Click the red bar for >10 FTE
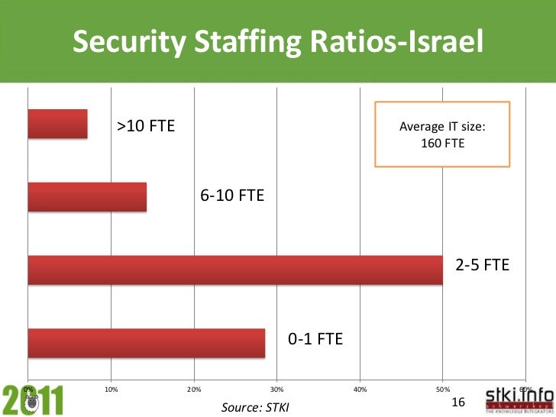(57, 124)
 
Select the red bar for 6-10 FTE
(86, 197)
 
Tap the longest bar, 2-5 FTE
(234, 270)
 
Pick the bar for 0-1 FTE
(146, 343)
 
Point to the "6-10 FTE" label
(232, 196)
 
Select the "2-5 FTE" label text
(482, 265)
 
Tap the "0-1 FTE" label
(315, 338)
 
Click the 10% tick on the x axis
(111, 390)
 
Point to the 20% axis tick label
(194, 390)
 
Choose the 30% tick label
(277, 390)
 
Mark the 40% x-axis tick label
(360, 390)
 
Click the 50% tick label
(443, 390)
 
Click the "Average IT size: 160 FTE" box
(442, 134)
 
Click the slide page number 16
(458, 402)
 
